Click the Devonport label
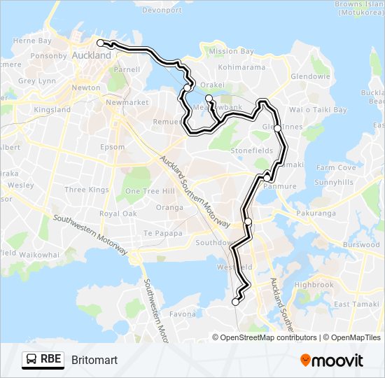[x=162, y=10]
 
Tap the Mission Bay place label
[x=232, y=52]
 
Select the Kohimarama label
[x=242, y=67]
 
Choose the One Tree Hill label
[x=149, y=191]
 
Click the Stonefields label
[x=252, y=150]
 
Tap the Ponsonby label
[x=48, y=56]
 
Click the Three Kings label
[x=87, y=190]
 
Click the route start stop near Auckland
[x=100, y=43]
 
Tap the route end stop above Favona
[x=235, y=302]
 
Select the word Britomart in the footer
[x=94, y=360]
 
